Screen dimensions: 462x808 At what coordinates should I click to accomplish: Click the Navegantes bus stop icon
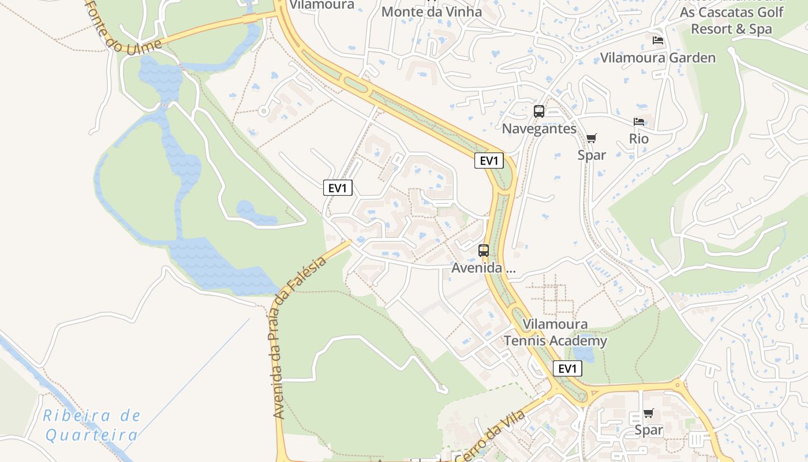538,111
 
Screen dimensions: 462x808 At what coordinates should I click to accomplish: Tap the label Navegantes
539,128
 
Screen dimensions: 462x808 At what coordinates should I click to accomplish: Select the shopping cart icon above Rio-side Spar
591,138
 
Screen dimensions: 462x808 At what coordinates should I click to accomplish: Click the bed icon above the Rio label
639,122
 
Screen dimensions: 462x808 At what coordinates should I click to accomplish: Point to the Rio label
639,139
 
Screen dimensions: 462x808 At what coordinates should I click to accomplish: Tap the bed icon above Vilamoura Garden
657,40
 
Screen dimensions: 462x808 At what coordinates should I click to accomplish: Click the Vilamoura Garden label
657,58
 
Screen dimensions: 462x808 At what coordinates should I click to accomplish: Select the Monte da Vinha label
432,12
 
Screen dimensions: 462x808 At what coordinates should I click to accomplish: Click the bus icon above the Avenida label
484,251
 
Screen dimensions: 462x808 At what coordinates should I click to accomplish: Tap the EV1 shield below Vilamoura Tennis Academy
567,368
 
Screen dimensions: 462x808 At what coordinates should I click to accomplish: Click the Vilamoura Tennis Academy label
555,333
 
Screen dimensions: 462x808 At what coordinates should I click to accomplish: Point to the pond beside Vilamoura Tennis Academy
583,352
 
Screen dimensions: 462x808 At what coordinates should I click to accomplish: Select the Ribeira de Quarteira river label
92,425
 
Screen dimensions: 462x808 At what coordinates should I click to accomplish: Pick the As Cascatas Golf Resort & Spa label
731,20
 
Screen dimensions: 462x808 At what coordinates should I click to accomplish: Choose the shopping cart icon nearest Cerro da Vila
648,413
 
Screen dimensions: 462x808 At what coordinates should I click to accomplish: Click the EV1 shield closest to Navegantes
489,161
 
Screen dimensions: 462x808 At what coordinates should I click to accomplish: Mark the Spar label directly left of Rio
592,155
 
